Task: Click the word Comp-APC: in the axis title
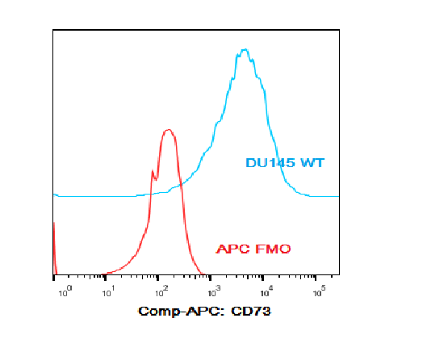pos(182,312)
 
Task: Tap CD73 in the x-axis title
pos(251,311)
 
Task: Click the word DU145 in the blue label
pos(270,163)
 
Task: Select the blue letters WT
pos(312,163)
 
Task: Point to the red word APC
pos(233,249)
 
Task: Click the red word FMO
pos(273,249)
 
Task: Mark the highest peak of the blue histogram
pos(245,49)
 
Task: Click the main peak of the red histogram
pos(168,130)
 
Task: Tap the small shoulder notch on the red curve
pos(155,179)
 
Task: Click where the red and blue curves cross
pos(181,185)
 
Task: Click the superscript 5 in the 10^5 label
pos(323,287)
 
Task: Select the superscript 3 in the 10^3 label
pos(218,287)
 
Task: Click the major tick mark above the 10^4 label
pos(263,278)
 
